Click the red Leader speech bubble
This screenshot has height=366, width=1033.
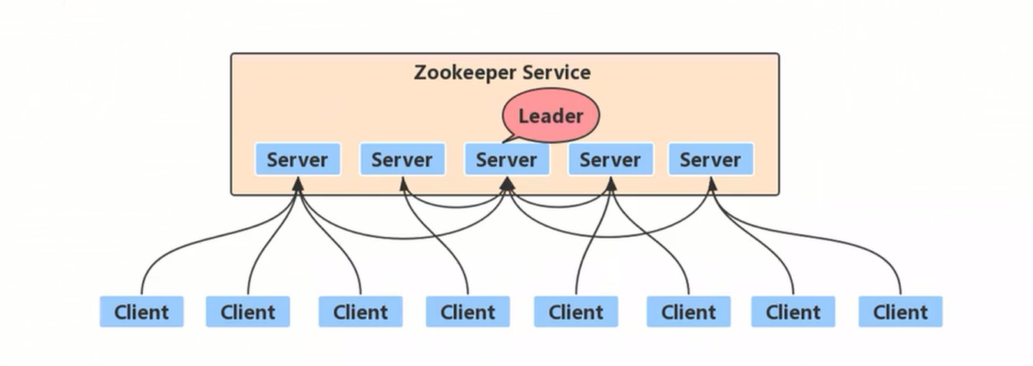(550, 116)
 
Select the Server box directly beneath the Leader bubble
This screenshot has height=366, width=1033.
(506, 160)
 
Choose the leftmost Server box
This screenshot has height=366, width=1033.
(297, 160)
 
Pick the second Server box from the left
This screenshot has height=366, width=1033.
(402, 160)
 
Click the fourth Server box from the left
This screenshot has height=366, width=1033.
(610, 160)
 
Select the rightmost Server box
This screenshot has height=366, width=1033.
(710, 160)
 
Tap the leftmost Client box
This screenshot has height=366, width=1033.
(141, 312)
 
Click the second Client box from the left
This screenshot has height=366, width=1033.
(247, 312)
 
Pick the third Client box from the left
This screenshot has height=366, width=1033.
(360, 312)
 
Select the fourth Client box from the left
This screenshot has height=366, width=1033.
(468, 312)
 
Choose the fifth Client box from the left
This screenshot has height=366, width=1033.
(576, 312)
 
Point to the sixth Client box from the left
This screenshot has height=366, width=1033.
(688, 312)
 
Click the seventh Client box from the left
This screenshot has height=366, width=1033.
(793, 312)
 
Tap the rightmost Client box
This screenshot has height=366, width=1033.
(900, 312)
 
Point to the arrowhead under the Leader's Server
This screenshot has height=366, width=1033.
(506, 183)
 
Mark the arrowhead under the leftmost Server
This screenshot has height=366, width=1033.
(298, 184)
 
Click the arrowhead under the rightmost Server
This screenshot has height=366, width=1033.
(712, 184)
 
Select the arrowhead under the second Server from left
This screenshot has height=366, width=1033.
(402, 184)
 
